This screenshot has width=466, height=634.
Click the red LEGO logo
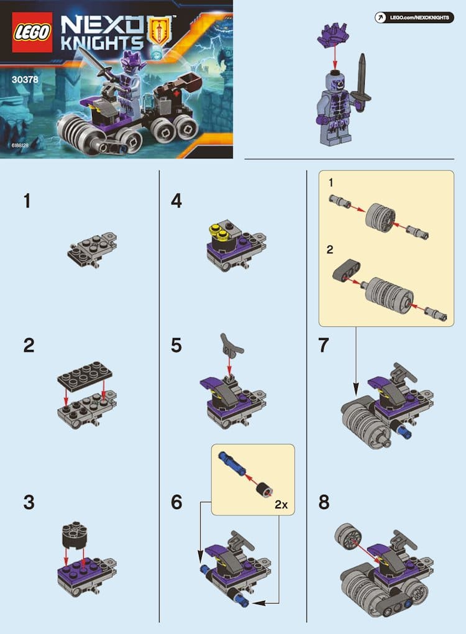pos(32,32)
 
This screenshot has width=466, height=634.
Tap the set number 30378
pos(25,80)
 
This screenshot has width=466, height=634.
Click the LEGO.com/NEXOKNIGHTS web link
pos(419,17)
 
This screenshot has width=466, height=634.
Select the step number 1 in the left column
pos(27,201)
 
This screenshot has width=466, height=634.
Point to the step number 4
pos(176,201)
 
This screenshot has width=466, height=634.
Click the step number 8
pos(324,502)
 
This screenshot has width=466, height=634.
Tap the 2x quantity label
pos(281,505)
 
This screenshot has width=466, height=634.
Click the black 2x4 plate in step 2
pos(85,376)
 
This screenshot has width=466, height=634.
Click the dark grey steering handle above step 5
pos(231,346)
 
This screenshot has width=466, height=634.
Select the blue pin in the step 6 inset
pos(232,463)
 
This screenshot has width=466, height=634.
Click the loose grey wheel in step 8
pos(347,536)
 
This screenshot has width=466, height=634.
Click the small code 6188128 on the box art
pos(21,145)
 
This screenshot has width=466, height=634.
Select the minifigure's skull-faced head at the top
pos(335,80)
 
